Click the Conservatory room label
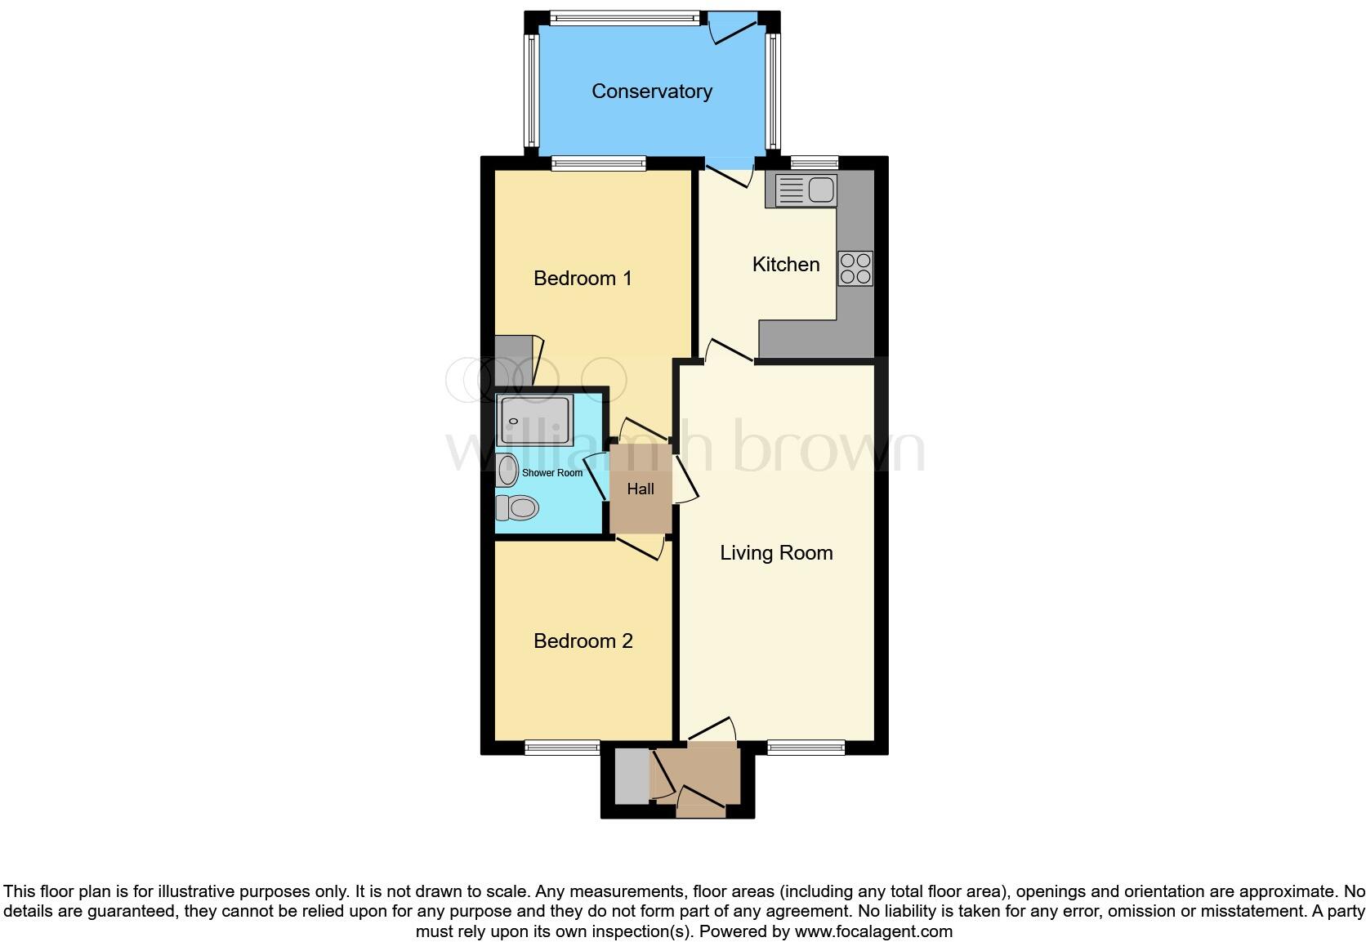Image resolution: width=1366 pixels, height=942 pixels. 651,92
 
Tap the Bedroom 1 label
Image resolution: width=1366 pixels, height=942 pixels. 583,279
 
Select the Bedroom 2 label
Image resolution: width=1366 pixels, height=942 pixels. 583,641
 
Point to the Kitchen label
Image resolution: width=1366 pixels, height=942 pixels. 785,265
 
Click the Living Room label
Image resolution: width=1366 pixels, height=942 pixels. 776,553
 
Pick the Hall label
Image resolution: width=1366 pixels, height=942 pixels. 641,489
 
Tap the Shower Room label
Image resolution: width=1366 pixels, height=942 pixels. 552,473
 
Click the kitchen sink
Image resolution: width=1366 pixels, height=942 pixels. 806,190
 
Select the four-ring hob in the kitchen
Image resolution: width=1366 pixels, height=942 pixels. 855,268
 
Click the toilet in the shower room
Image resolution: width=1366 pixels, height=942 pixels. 517,508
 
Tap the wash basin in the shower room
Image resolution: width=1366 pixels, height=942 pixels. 507,471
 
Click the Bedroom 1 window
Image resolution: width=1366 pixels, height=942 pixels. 599,163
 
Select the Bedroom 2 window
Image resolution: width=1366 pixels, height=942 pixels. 562,747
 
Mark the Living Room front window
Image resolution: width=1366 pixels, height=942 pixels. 806,747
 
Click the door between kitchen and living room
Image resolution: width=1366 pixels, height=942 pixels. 730,351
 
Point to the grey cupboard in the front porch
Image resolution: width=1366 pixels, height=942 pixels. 631,775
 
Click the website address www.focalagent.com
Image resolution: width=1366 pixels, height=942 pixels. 873,931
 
